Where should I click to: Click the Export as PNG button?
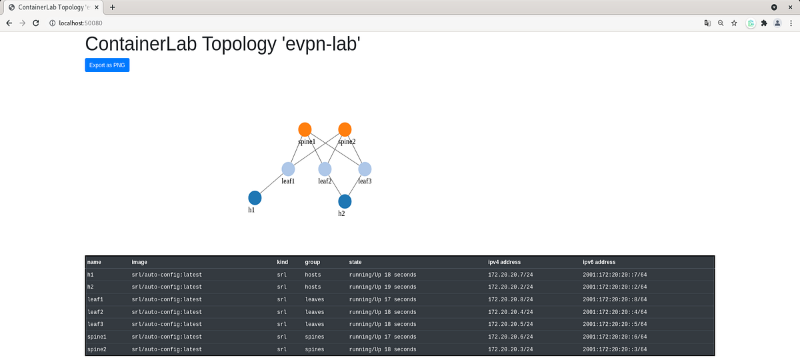107,65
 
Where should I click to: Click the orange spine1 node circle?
305,129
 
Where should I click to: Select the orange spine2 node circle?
345,129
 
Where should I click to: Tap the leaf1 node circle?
288,169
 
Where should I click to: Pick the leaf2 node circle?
325,169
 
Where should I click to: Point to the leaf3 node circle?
365,169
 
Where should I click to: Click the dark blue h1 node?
255,197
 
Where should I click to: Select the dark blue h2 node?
345,201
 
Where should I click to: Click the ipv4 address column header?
504,262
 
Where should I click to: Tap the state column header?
355,262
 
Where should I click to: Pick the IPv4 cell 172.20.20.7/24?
508,275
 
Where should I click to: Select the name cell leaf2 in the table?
95,312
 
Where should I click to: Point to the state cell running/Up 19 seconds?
383,287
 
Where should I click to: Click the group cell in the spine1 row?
315,337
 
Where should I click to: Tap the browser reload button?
36,23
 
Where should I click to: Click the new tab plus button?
113,7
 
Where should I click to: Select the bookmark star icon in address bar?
734,23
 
